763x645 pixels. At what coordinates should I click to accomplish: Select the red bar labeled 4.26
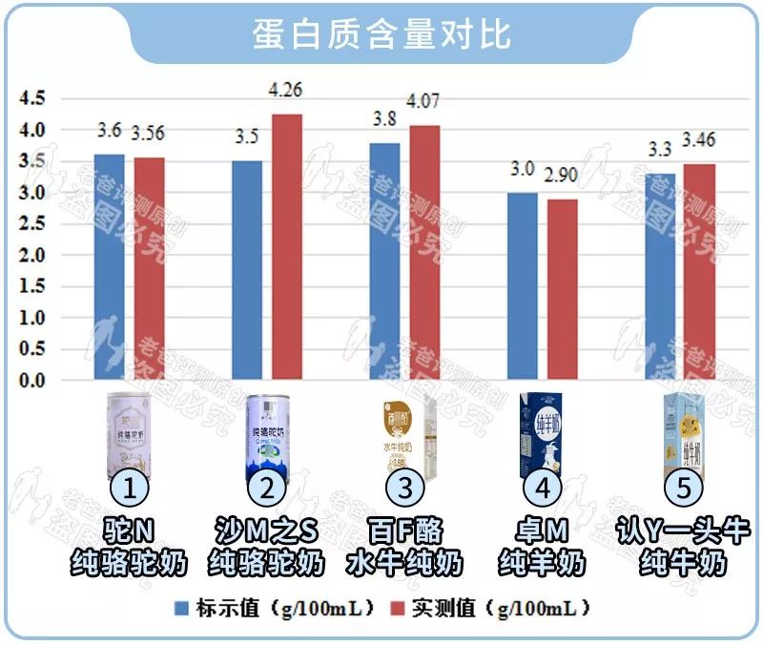(x=287, y=248)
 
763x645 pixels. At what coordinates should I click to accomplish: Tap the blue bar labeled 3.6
(x=109, y=267)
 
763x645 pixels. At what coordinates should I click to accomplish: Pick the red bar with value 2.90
(x=564, y=290)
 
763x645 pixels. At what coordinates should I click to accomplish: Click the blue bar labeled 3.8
(x=384, y=261)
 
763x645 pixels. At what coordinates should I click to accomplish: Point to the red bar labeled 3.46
(x=700, y=273)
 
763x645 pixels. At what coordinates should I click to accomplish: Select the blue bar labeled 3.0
(x=523, y=286)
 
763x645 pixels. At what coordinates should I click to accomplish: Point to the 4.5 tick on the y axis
(x=31, y=98)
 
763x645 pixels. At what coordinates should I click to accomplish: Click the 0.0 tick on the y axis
(x=31, y=381)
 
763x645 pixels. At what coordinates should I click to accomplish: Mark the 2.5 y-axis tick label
(x=31, y=224)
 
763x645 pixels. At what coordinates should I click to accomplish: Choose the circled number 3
(x=405, y=489)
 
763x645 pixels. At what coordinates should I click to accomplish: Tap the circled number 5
(x=683, y=489)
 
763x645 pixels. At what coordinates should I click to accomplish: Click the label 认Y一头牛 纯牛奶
(x=682, y=546)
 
